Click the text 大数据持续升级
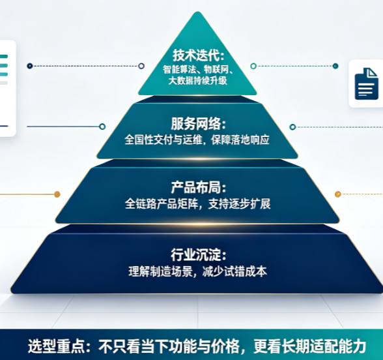[198, 80]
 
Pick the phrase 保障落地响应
[240, 140]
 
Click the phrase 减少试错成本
[234, 271]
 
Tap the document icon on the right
[366, 84]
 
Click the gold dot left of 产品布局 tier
[57, 194]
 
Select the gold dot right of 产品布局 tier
[338, 194]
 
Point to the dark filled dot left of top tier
[30, 66]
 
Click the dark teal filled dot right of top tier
[335, 66]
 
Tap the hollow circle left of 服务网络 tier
[102, 127]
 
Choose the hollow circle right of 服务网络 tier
[292, 127]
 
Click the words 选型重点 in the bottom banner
[57, 346]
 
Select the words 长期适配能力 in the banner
[324, 346]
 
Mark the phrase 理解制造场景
[160, 271]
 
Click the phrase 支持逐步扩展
[240, 203]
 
